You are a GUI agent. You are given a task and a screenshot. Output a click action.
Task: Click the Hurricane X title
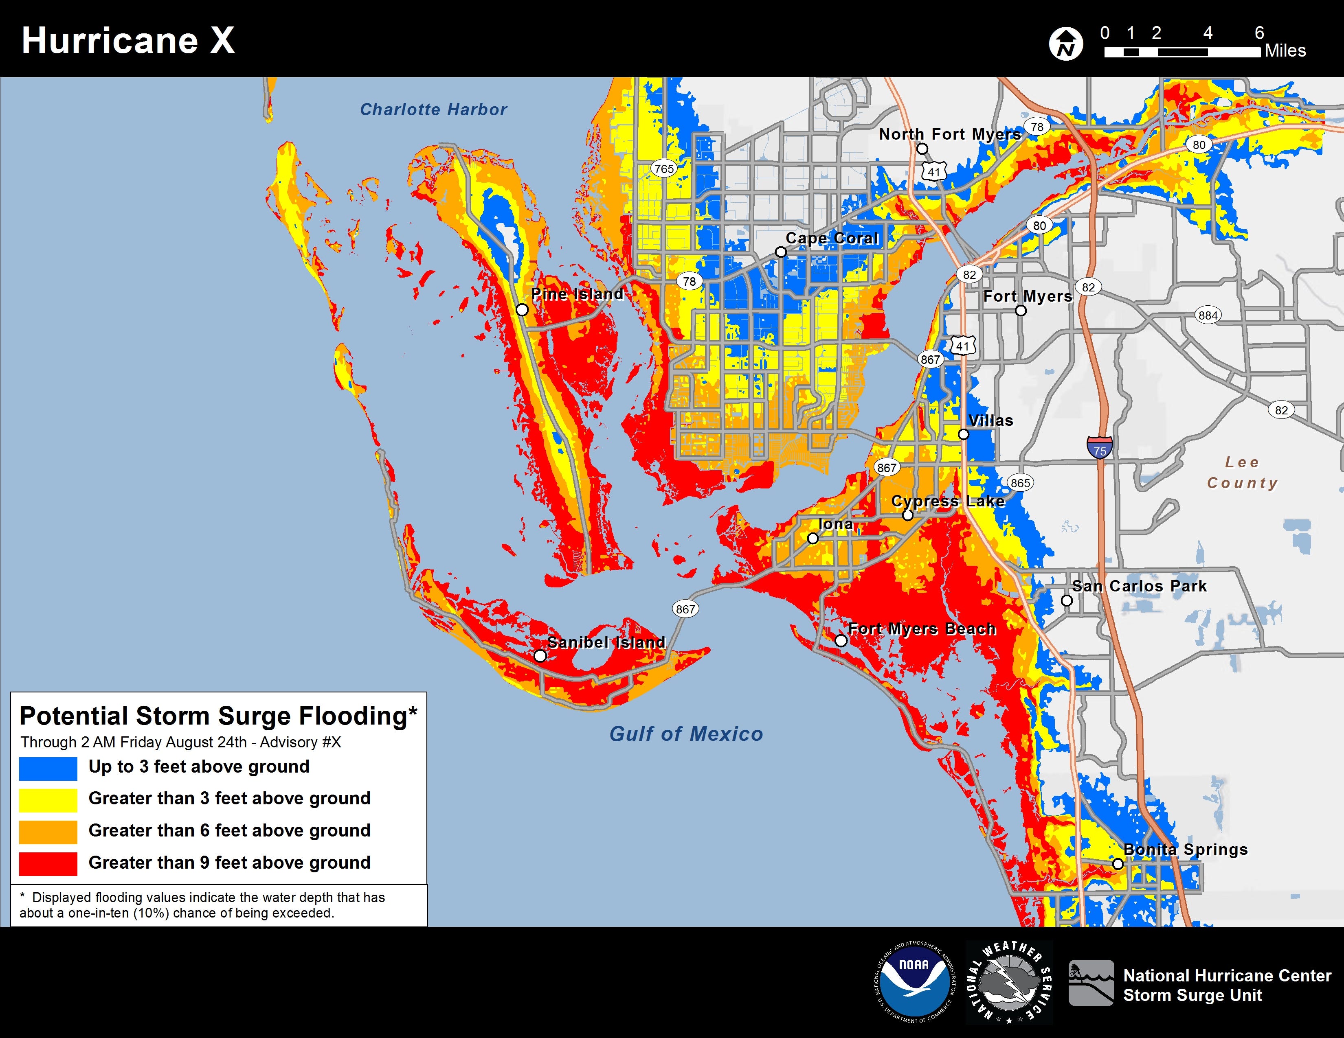click(128, 41)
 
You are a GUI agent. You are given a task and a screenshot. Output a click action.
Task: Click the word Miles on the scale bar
click(1285, 51)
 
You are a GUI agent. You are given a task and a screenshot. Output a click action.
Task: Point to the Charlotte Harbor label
click(433, 109)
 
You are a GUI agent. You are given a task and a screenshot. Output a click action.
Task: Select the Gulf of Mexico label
click(685, 734)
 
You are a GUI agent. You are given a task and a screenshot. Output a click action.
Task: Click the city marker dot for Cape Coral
click(780, 252)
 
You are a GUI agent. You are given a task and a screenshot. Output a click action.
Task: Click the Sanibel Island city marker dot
click(540, 655)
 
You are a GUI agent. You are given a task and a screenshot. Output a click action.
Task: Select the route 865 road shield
click(1020, 483)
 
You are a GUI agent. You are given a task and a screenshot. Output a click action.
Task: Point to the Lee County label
click(1242, 472)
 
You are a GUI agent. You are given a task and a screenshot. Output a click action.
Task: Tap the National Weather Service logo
click(1009, 981)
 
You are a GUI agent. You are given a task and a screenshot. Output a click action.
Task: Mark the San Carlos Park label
click(1139, 586)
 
